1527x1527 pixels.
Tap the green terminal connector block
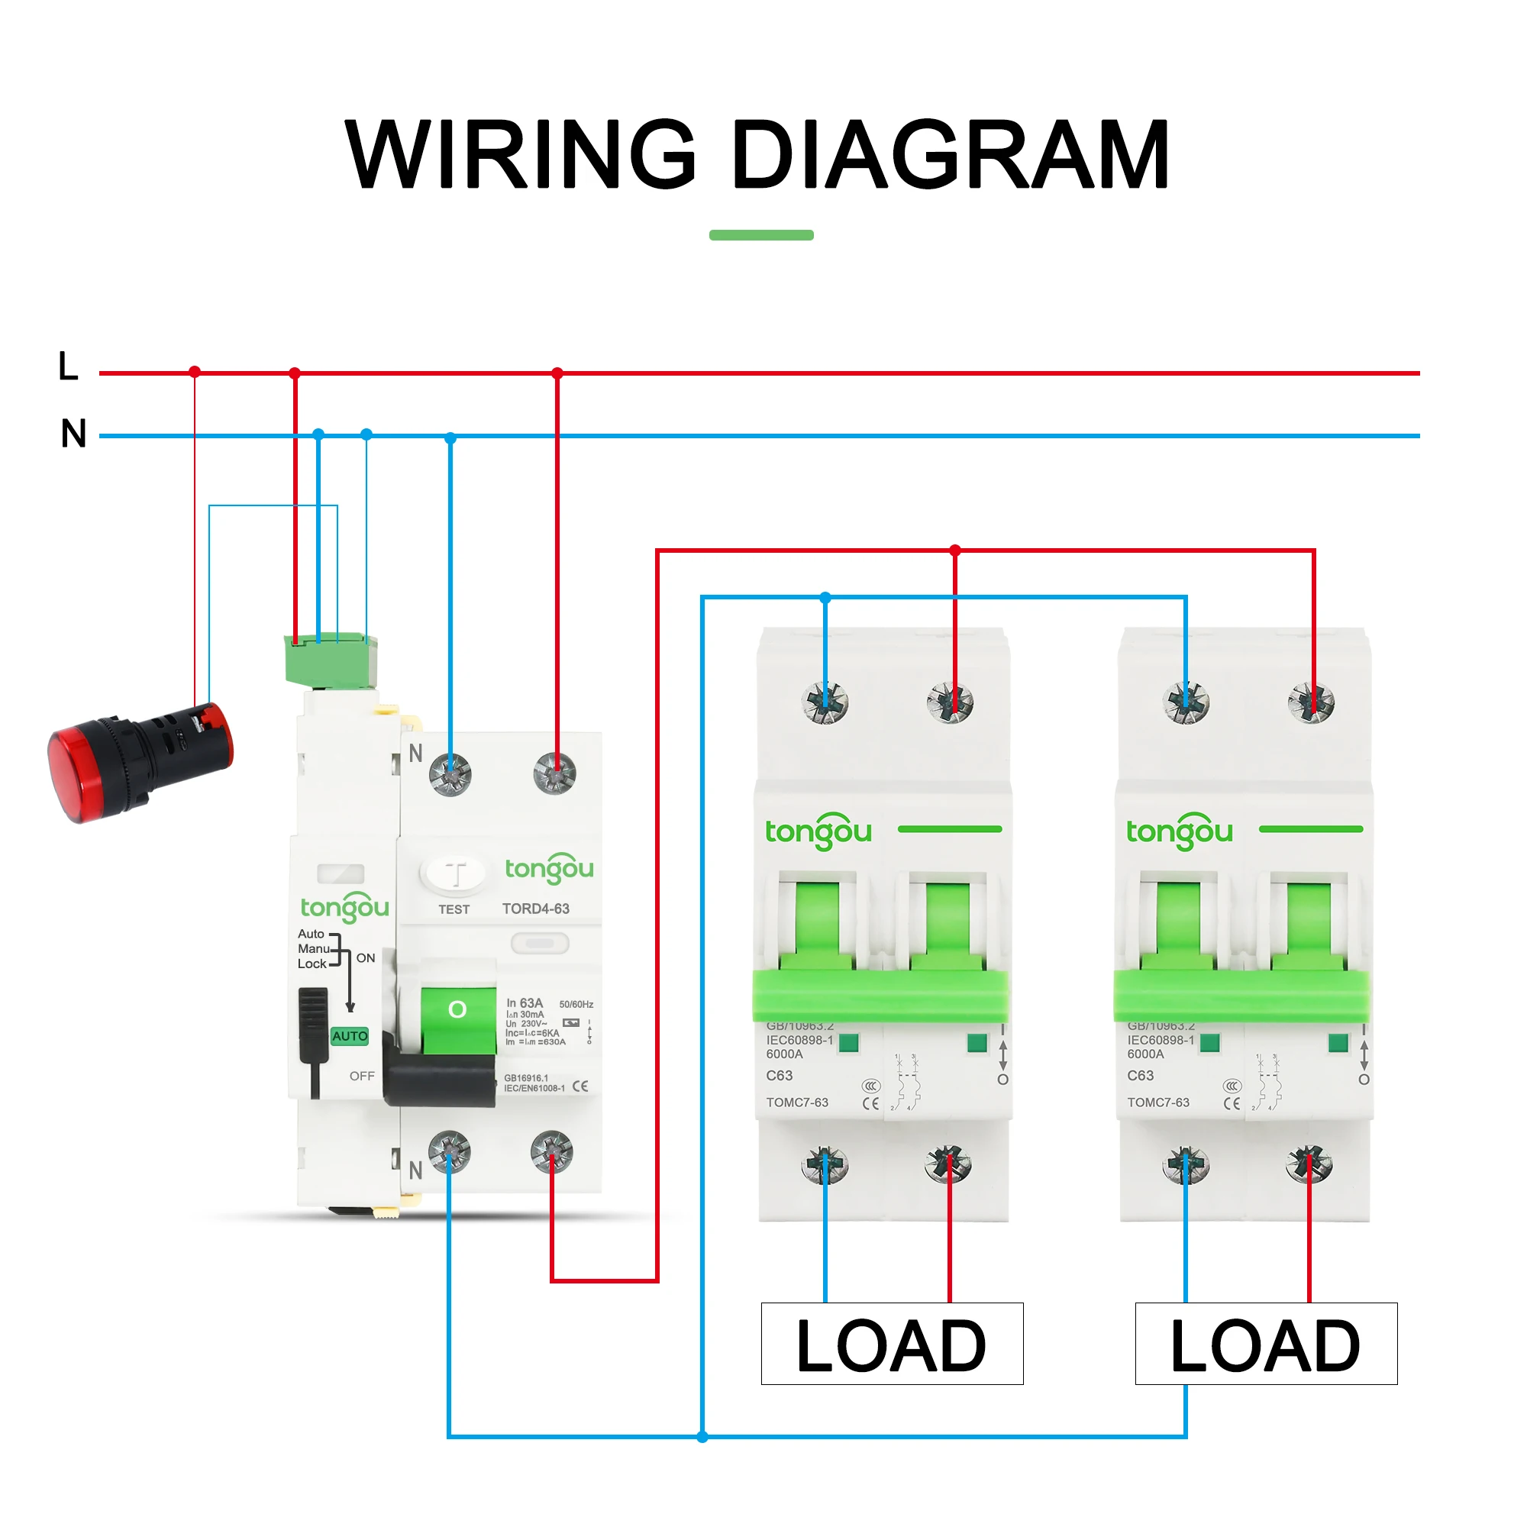point(331,660)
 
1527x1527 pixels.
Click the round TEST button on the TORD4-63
point(454,874)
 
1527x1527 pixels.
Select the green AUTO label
point(350,1036)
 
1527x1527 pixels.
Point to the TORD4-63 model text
point(536,909)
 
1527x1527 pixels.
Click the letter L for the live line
point(69,366)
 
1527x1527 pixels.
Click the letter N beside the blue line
point(73,434)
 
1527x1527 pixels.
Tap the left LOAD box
point(892,1345)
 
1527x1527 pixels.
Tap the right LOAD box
point(1265,1345)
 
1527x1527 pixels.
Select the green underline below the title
point(761,234)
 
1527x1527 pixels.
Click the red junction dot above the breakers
point(955,550)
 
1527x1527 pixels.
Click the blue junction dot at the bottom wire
point(702,1437)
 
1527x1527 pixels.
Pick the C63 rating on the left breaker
point(780,1076)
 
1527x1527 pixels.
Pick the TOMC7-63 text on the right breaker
point(1158,1102)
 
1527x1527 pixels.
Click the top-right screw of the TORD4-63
point(555,773)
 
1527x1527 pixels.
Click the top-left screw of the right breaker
point(1186,702)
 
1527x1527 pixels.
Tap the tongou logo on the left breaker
point(818,831)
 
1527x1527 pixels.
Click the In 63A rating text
point(525,1003)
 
